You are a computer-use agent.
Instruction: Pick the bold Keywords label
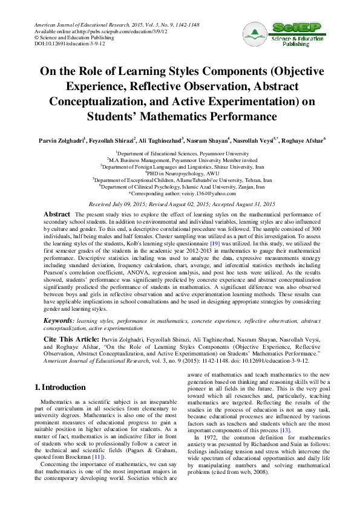(60, 319)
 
